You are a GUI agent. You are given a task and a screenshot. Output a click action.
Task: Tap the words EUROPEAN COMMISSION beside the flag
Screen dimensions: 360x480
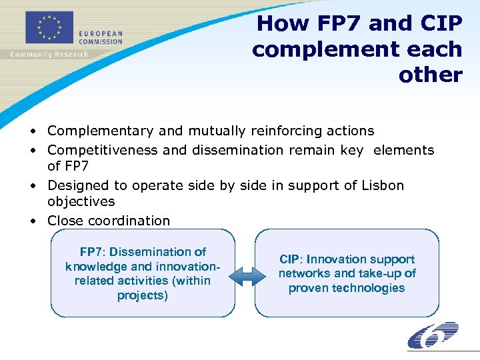[x=101, y=37]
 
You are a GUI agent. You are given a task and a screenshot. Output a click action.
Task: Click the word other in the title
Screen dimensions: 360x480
[x=431, y=75]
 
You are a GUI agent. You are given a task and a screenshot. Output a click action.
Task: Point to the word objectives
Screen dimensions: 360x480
[x=81, y=201]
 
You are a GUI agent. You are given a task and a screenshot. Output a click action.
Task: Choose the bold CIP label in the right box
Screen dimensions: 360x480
[x=289, y=259]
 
